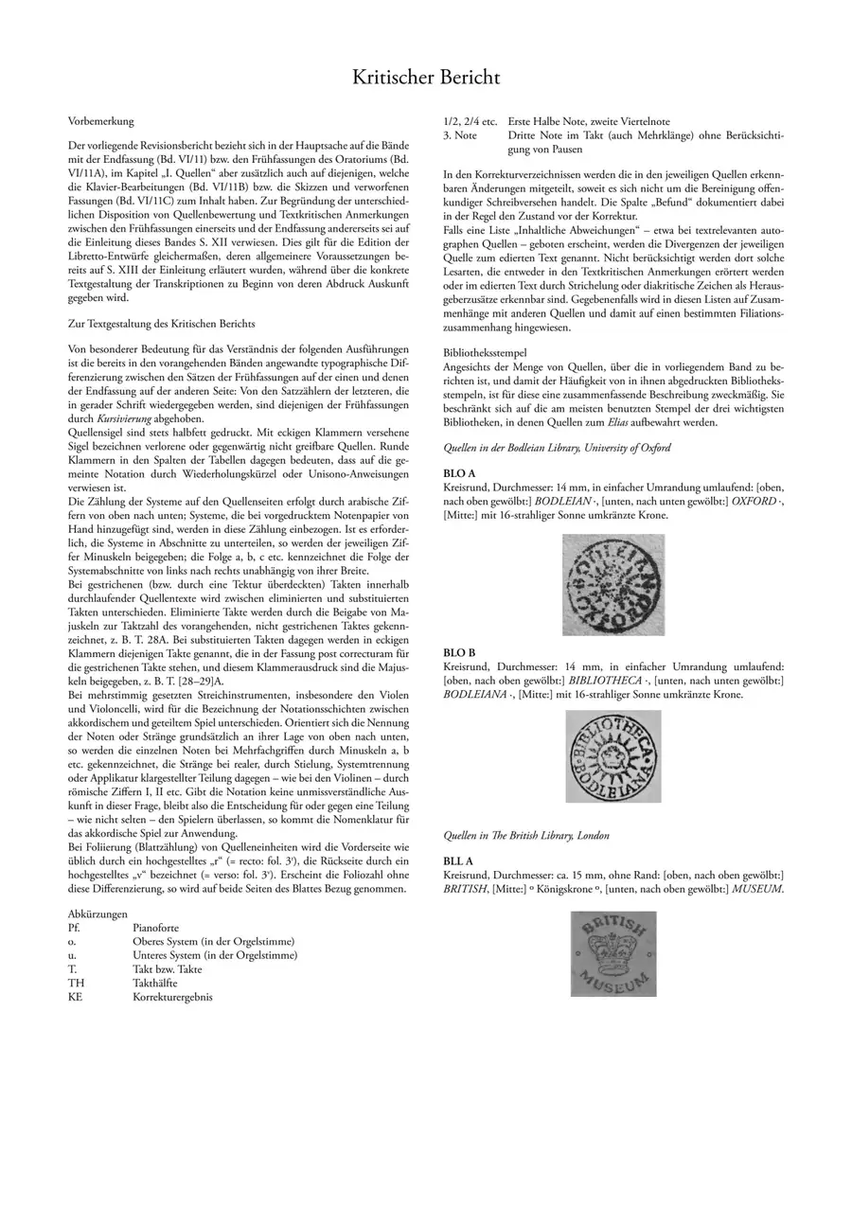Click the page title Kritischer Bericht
[x=426, y=77]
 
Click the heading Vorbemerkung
[x=101, y=121]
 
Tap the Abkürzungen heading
[x=98, y=914]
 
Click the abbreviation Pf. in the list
[x=75, y=929]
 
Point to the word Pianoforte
[x=155, y=929]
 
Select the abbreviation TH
[x=77, y=984]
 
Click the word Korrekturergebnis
[x=172, y=997]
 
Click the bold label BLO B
[x=459, y=653]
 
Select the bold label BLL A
[x=459, y=862]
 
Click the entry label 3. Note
[x=460, y=135]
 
